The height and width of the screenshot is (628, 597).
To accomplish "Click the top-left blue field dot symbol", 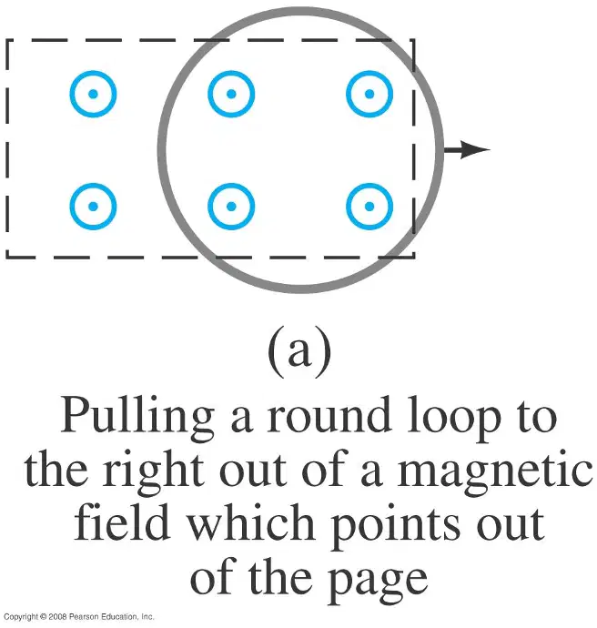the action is click(94, 94).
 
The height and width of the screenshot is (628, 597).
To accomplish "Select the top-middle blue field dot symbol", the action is click(231, 94).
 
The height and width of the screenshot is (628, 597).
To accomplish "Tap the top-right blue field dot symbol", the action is click(369, 94).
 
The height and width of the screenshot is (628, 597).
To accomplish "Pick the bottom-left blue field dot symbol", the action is click(94, 207).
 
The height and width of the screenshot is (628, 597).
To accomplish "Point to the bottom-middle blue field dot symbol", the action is click(231, 207).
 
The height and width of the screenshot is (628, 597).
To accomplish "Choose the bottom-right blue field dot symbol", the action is click(369, 207).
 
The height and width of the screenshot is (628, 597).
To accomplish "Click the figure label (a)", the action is click(299, 352).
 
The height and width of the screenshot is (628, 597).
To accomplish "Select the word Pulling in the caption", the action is click(137, 418).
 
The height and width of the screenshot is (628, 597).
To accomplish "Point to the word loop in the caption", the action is click(454, 418).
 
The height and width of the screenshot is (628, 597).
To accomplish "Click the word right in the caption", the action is click(152, 472).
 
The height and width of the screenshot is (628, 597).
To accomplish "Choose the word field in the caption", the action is click(121, 522).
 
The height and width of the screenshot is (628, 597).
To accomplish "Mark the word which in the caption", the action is click(251, 522).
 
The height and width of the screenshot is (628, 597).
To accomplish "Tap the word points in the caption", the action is click(396, 525).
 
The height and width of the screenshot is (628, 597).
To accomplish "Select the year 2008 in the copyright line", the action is click(57, 617).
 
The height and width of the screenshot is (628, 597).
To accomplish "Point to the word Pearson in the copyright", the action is click(84, 617).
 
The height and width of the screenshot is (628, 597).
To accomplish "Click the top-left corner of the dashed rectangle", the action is click(7, 40).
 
